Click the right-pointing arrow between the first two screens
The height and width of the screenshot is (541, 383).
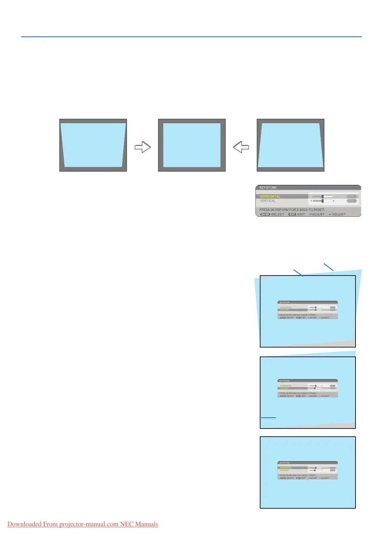click(x=143, y=147)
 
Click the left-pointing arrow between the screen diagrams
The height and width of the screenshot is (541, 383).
click(x=241, y=147)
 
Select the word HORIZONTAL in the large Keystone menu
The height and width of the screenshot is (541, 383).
click(x=270, y=196)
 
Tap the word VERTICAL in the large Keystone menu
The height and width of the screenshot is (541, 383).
click(x=268, y=201)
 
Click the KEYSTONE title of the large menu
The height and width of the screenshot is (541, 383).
click(x=268, y=188)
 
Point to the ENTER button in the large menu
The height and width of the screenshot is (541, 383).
click(x=265, y=214)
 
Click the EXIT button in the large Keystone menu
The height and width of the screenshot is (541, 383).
click(x=292, y=214)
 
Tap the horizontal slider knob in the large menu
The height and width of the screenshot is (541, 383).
click(x=323, y=196)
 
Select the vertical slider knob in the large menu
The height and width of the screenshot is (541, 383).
click(x=323, y=201)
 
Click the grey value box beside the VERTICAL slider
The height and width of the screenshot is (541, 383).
click(x=351, y=201)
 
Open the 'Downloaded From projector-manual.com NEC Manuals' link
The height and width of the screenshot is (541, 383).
click(x=83, y=524)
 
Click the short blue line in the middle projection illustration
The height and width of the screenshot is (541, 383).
click(x=268, y=418)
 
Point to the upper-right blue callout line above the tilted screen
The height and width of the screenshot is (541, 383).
click(x=328, y=267)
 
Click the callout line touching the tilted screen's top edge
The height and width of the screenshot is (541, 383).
click(x=298, y=273)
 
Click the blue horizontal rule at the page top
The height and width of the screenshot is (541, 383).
click(x=191, y=37)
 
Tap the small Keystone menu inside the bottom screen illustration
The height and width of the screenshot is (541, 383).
click(x=308, y=470)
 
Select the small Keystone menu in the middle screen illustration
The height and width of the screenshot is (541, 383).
click(x=308, y=388)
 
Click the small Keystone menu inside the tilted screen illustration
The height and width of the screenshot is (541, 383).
click(x=308, y=310)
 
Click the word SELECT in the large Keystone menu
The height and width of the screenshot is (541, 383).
click(x=278, y=214)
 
